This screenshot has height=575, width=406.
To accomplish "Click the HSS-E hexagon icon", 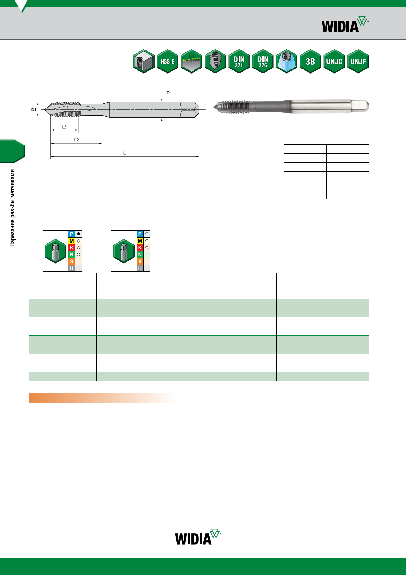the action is tap(168, 61).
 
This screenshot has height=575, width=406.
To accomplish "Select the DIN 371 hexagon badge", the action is tap(239, 61).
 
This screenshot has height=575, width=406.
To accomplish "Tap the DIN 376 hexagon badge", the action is tap(263, 61).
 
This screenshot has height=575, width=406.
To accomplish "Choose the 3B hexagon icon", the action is tap(310, 61).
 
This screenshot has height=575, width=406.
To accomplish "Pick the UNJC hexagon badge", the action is tap(334, 61).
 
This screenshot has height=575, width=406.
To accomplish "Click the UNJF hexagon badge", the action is tap(358, 61).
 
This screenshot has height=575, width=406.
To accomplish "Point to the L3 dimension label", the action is tap(65, 127).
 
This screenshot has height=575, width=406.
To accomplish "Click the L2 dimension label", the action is tap(76, 140).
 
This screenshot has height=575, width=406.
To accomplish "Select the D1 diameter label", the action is tap(34, 109).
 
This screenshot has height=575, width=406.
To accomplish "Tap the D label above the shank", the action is tap(168, 93).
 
